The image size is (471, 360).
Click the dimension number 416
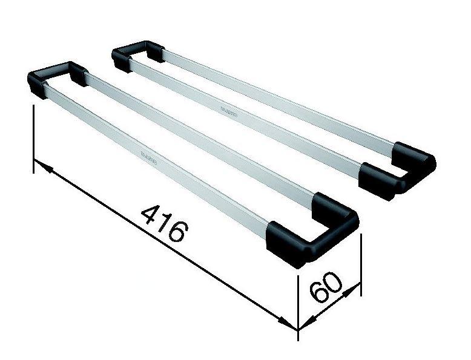coord(163,224)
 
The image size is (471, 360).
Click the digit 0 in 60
coord(333,281)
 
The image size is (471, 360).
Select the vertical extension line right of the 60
coord(361,266)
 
